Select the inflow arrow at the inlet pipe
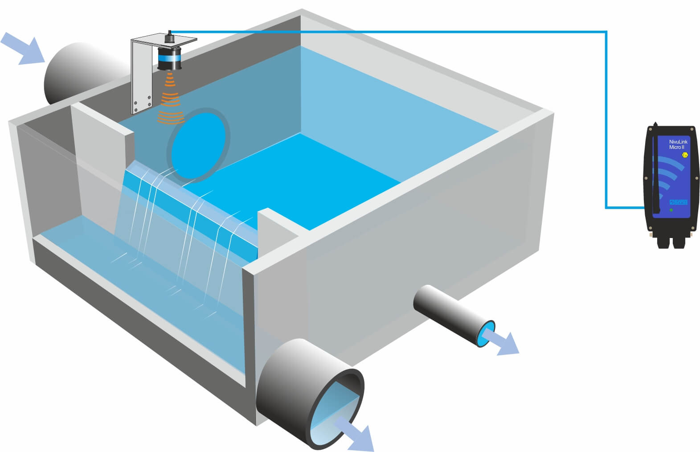[22, 48]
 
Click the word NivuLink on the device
[678, 142]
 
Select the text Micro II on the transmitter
[676, 148]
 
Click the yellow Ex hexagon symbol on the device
[685, 155]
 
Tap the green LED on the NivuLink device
[671, 210]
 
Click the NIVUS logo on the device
[679, 202]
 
